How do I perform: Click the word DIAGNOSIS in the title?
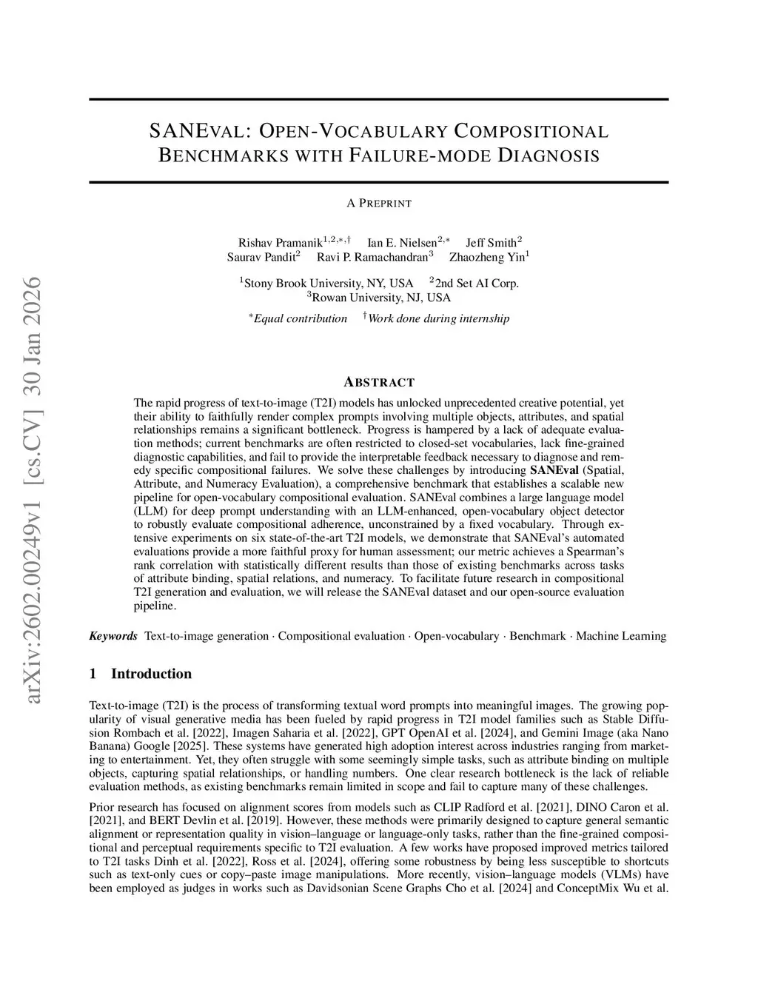click(549, 156)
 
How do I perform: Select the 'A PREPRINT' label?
click(378, 203)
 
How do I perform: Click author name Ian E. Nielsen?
click(401, 243)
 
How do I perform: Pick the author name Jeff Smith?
click(492, 243)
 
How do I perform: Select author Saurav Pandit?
click(261, 258)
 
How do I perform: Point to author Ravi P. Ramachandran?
click(372, 258)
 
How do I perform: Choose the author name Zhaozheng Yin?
click(486, 258)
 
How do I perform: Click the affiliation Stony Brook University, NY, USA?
click(328, 284)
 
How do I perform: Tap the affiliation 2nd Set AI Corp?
click(476, 284)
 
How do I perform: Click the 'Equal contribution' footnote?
click(300, 319)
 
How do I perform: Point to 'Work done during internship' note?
click(438, 319)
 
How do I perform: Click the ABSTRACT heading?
click(379, 382)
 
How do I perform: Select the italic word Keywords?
click(113, 636)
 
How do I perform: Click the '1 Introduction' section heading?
click(141, 674)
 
